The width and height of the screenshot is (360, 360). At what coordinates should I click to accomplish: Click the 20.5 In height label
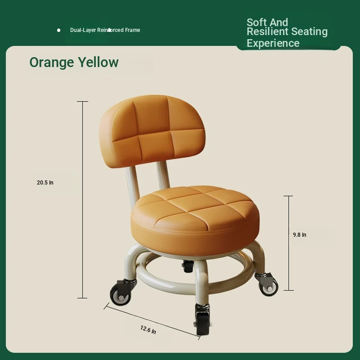(45, 183)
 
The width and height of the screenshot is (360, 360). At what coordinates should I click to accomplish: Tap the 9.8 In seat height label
(299, 234)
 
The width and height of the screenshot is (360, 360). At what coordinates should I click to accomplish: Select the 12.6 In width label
(148, 330)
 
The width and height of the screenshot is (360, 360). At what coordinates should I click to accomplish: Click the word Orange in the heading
(52, 63)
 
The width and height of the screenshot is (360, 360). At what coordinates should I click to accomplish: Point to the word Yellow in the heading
(98, 62)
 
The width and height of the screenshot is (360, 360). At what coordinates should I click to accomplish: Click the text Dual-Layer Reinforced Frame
(105, 30)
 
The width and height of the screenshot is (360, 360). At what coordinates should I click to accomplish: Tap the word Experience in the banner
(273, 43)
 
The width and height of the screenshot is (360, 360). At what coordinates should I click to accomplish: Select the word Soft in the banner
(256, 22)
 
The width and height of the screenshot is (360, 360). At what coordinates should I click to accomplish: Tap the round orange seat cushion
(195, 220)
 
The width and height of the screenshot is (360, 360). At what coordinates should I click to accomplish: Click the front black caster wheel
(202, 319)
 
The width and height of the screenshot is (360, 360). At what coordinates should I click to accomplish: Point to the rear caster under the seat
(188, 266)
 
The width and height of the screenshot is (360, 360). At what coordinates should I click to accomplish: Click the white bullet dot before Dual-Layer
(59, 30)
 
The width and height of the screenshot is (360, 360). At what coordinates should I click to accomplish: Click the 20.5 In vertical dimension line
(83, 200)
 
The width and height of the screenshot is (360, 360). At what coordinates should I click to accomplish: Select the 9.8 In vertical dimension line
(288, 243)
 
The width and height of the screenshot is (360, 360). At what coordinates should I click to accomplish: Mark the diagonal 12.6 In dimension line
(152, 322)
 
